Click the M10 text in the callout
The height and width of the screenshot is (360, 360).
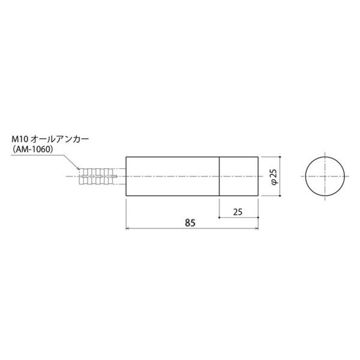pyautogui.click(x=20, y=139)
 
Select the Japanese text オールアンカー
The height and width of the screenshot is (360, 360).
pyautogui.click(x=59, y=139)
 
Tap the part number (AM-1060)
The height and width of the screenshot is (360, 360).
pyautogui.click(x=33, y=149)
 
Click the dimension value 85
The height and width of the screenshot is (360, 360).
pyautogui.click(x=190, y=223)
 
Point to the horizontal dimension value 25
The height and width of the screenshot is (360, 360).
pyautogui.click(x=238, y=212)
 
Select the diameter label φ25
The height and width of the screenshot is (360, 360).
pyautogui.click(x=274, y=176)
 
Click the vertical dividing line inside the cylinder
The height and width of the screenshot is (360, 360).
pyautogui.click(x=219, y=176)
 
